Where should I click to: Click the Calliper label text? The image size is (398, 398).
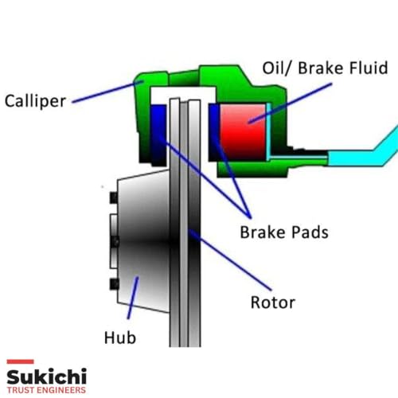pyautogui.click(x=35, y=101)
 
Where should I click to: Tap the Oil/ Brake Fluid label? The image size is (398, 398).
pyautogui.click(x=325, y=68)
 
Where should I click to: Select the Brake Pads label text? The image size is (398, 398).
pyautogui.click(x=284, y=232)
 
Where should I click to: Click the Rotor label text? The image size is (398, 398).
pyautogui.click(x=273, y=302)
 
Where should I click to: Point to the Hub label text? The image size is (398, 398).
pyautogui.click(x=120, y=338)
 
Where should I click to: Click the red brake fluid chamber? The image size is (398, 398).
pyautogui.click(x=243, y=132)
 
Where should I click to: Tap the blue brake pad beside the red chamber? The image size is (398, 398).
pyautogui.click(x=214, y=132)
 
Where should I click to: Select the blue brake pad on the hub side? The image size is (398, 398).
pyautogui.click(x=158, y=135)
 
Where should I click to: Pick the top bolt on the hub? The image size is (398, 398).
pyautogui.click(x=114, y=197)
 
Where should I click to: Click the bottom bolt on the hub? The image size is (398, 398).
pyautogui.click(x=114, y=284)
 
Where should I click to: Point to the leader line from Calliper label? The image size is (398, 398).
pyautogui.click(x=107, y=92)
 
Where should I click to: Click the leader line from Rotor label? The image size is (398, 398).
pyautogui.click(x=230, y=259)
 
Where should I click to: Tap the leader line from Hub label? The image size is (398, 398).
pyautogui.click(x=133, y=298)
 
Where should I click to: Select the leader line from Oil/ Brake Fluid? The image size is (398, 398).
pyautogui.click(x=290, y=103)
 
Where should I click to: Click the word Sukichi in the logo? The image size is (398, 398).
pyautogui.click(x=47, y=377)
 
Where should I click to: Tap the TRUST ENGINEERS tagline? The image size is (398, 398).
pyautogui.click(x=46, y=390)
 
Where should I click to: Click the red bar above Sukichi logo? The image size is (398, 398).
pyautogui.click(x=20, y=361)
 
